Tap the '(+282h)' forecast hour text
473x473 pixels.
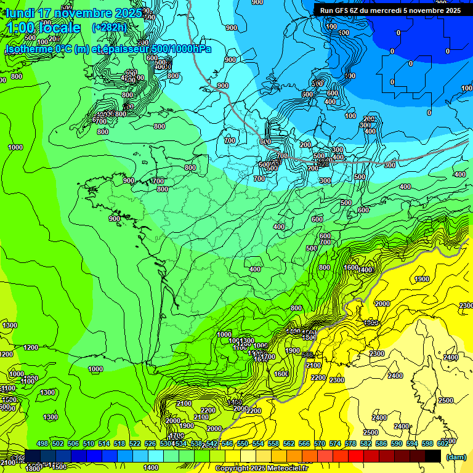[x=109, y=27]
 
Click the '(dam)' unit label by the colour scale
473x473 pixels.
[x=456, y=456]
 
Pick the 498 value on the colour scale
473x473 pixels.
[x=42, y=444]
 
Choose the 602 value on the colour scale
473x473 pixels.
[x=443, y=444]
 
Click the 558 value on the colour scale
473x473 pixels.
[x=273, y=444]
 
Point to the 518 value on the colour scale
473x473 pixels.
[x=119, y=444]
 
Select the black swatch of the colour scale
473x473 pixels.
[x=433, y=456]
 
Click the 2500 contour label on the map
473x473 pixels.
[x=371, y=432]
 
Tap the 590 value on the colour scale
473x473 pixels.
[x=397, y=444]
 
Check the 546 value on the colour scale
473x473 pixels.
[x=227, y=444]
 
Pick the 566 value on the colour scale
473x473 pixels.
[x=304, y=444]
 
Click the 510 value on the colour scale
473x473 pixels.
[x=89, y=444]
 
